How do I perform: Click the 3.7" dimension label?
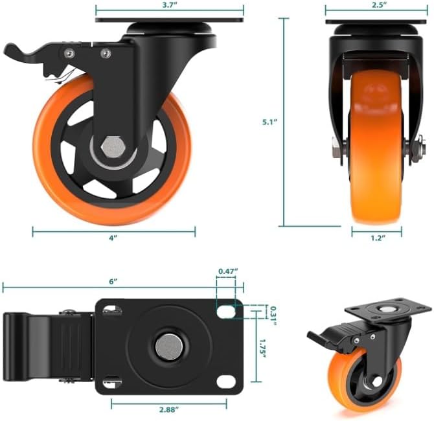170,5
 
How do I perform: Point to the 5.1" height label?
269,122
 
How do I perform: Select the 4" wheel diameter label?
113,238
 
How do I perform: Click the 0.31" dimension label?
273,316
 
